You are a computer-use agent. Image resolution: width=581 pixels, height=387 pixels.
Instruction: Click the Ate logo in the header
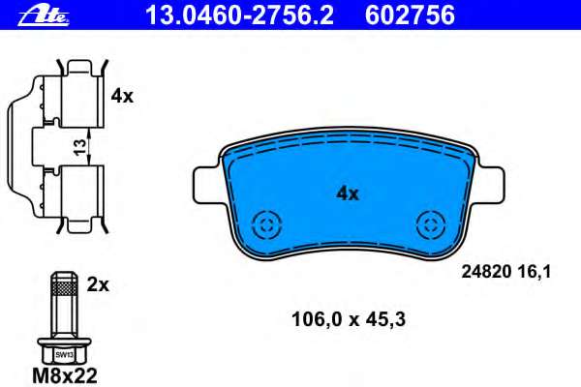click(x=44, y=16)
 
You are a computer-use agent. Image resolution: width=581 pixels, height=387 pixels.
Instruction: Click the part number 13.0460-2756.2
click(x=239, y=15)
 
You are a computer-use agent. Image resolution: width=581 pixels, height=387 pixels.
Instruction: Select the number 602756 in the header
click(x=410, y=15)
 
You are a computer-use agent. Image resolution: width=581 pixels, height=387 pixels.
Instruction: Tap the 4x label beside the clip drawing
click(x=122, y=97)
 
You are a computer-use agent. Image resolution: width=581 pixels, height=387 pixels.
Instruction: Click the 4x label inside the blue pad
click(x=348, y=193)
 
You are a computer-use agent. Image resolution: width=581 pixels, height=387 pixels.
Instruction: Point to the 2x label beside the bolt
click(x=98, y=285)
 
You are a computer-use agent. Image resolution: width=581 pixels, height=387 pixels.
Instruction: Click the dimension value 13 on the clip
click(x=79, y=147)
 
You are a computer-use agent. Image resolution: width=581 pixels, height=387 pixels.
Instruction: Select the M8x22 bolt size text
click(x=65, y=375)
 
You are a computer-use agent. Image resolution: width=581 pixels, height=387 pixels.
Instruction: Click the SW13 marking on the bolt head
click(x=64, y=355)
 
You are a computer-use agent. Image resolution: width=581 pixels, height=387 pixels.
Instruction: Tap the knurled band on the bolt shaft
click(x=64, y=287)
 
